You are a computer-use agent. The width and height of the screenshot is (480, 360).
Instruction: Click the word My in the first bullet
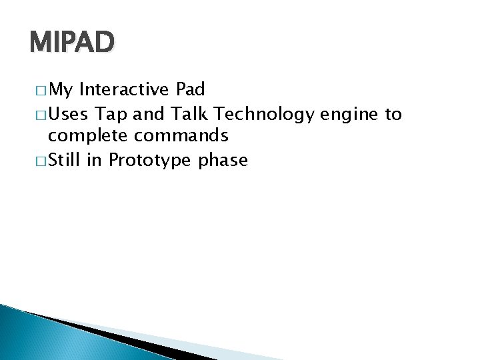[x=61, y=90]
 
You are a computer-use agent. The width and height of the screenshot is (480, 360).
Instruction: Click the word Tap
[x=111, y=114]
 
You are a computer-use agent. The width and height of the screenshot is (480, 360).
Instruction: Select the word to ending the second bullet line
[x=393, y=114]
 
